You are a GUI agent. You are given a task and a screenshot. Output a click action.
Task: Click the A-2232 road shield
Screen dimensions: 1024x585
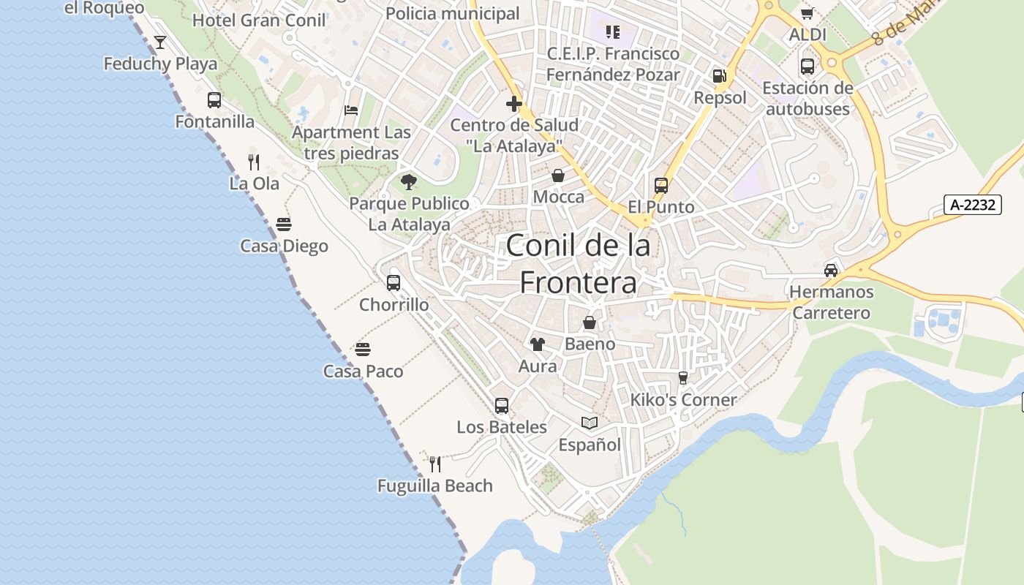[972, 205]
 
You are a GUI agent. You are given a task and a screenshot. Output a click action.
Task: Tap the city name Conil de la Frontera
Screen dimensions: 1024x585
[578, 263]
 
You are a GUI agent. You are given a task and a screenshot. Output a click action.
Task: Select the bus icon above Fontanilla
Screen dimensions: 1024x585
[214, 100]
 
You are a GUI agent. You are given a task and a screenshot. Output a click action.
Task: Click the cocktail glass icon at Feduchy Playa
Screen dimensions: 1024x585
[160, 42]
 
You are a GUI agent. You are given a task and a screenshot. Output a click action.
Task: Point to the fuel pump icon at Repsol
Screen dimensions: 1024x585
[720, 76]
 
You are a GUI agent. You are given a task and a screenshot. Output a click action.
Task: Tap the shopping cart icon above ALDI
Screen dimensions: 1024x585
[807, 13]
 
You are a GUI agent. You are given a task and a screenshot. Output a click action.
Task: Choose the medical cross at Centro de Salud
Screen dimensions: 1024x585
[514, 103]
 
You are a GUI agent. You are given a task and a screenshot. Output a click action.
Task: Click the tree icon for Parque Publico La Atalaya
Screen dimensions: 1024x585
[408, 181]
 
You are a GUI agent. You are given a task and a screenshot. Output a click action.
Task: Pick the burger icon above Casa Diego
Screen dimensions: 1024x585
[284, 224]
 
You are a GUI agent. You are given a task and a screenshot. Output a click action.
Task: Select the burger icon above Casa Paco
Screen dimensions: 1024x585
[363, 350]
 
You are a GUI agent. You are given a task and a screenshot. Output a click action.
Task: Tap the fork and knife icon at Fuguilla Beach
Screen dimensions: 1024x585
[435, 464]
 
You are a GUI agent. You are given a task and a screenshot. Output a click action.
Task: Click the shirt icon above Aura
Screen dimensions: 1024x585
[538, 344]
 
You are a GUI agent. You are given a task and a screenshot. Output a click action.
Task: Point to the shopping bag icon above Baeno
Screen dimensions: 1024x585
[590, 322]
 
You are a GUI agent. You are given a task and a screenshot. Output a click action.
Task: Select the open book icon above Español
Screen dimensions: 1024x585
[590, 423]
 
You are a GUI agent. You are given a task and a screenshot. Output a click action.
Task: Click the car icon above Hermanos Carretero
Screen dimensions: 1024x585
[831, 270]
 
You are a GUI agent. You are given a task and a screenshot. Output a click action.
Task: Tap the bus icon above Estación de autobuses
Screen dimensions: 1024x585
[807, 67]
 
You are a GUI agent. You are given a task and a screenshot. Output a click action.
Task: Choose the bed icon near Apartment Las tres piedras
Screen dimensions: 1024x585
[351, 110]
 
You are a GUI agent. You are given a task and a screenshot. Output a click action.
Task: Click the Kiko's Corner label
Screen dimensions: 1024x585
[683, 400]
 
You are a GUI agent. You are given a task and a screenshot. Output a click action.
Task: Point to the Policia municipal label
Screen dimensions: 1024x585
[452, 13]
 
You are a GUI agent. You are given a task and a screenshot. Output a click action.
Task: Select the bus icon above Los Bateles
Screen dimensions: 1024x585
[501, 405]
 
